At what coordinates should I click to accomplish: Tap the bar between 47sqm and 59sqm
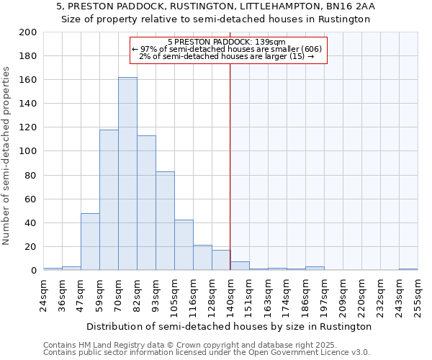coord(90,242)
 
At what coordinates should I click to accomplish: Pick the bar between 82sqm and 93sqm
coord(146,203)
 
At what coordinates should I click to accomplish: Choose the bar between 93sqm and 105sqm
coord(165,221)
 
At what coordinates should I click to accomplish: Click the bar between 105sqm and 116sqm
coord(184,245)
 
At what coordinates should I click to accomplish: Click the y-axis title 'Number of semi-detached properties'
coord(6,155)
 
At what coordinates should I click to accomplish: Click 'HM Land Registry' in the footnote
coord(104,345)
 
